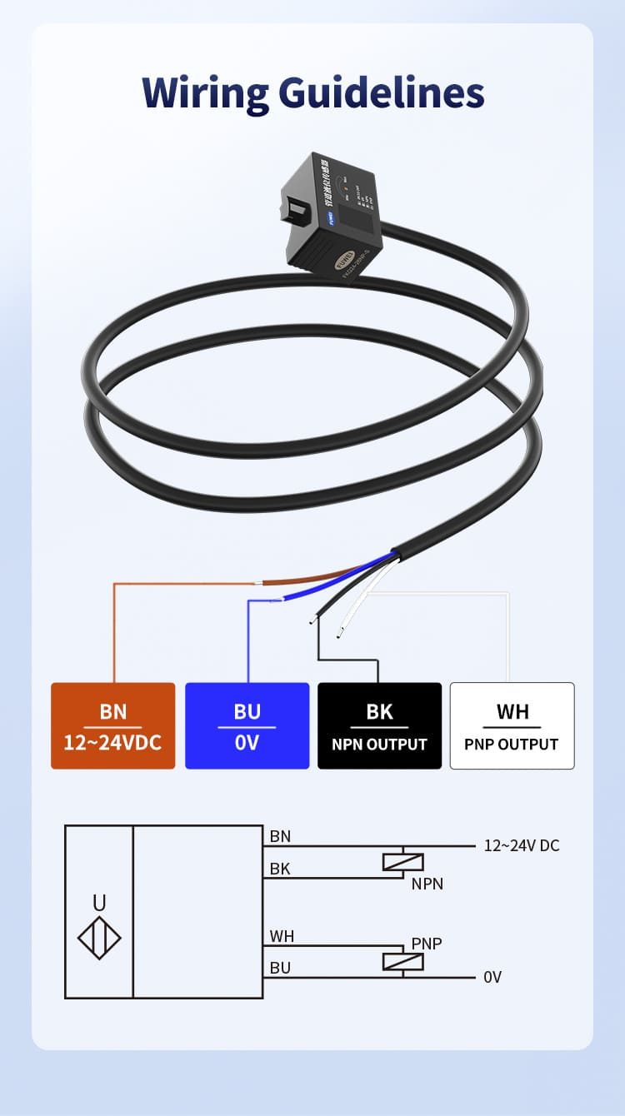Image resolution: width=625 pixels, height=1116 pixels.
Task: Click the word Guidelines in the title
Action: (382, 92)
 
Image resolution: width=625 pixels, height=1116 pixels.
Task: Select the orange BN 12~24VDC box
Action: (113, 725)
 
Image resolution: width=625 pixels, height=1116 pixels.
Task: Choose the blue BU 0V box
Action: (247, 725)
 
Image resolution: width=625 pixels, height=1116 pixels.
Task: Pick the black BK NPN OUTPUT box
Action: (379, 725)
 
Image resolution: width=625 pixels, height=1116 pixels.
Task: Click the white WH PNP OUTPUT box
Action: (512, 725)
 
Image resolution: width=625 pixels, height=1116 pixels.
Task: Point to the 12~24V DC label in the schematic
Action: (522, 846)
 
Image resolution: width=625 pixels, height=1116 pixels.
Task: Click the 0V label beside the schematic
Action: (492, 977)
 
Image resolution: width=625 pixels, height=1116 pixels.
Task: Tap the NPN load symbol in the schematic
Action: (403, 862)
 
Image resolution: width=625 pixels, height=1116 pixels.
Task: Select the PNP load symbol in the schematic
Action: (403, 961)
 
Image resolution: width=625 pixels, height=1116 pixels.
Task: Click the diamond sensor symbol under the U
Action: (99, 938)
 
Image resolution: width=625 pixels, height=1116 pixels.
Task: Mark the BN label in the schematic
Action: (281, 836)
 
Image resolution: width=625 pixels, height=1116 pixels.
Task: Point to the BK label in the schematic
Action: (281, 869)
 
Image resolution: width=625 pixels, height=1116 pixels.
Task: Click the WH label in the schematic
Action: (282, 936)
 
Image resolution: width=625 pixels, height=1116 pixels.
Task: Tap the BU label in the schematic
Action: (281, 968)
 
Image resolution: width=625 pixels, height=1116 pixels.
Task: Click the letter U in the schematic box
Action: (99, 903)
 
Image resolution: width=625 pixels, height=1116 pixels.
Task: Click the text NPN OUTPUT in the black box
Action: (379, 745)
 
